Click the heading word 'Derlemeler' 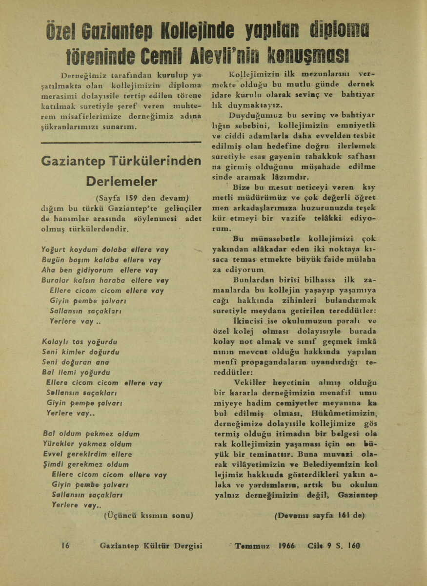[x=122, y=181]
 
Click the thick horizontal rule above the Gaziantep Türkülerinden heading [x=121, y=143]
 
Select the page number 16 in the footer [x=65, y=545]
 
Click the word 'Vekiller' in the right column [x=251, y=382]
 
